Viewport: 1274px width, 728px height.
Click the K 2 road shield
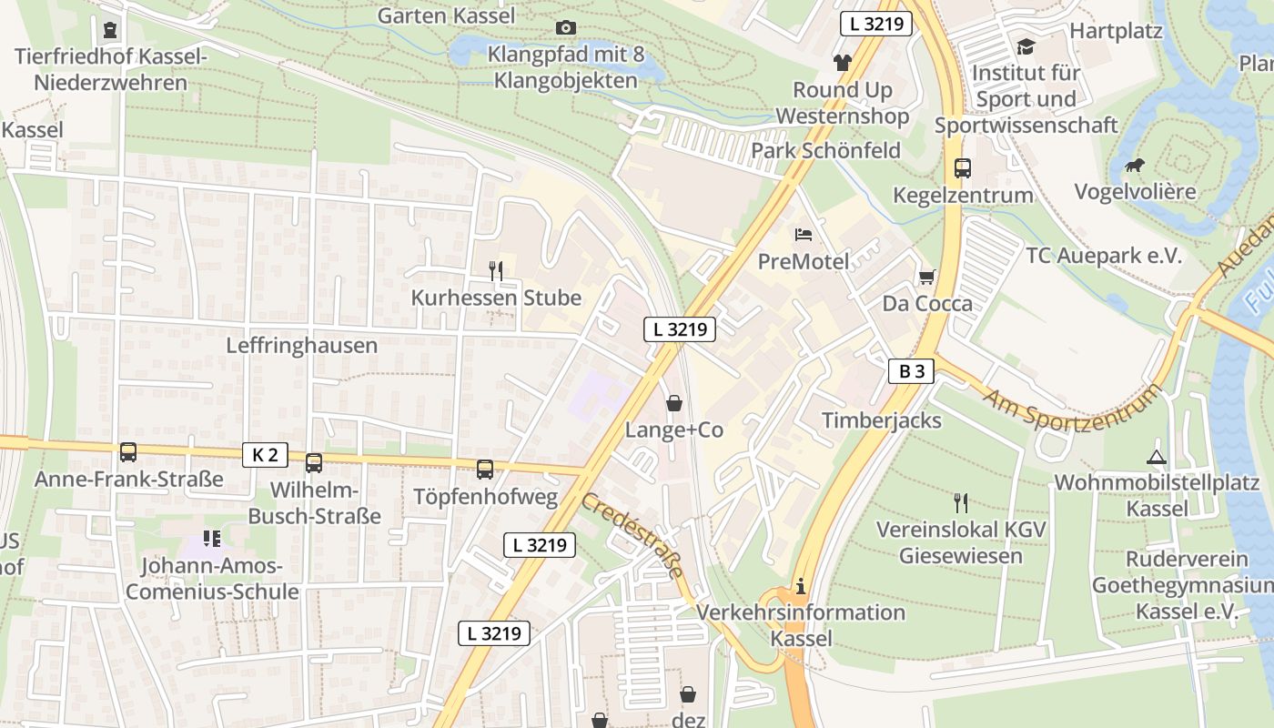(x=265, y=454)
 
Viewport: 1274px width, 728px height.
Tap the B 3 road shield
(x=911, y=370)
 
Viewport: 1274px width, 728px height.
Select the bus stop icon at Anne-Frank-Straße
(x=128, y=452)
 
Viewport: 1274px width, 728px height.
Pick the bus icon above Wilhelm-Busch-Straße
(x=314, y=463)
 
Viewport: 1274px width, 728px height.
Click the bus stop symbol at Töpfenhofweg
(x=485, y=470)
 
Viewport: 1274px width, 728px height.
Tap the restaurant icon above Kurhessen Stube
(x=496, y=270)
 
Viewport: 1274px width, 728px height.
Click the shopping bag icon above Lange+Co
(x=673, y=402)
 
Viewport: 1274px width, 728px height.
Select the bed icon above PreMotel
(x=804, y=235)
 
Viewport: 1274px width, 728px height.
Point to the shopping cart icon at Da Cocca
(x=927, y=277)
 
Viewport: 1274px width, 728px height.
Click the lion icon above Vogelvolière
(x=1134, y=166)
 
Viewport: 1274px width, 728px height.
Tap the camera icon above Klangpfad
(x=565, y=28)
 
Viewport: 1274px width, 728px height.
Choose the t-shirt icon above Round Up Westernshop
(x=842, y=63)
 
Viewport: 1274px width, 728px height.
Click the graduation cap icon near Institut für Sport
(x=1026, y=45)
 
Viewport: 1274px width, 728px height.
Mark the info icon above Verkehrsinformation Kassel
(x=801, y=586)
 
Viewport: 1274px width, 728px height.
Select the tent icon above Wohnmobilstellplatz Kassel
(x=1156, y=457)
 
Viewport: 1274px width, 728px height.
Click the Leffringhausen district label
(x=301, y=346)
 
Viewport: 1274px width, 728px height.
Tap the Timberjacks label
(x=882, y=420)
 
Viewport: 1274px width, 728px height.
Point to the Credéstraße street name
(x=632, y=536)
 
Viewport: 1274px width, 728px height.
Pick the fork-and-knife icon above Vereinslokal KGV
(x=960, y=502)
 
